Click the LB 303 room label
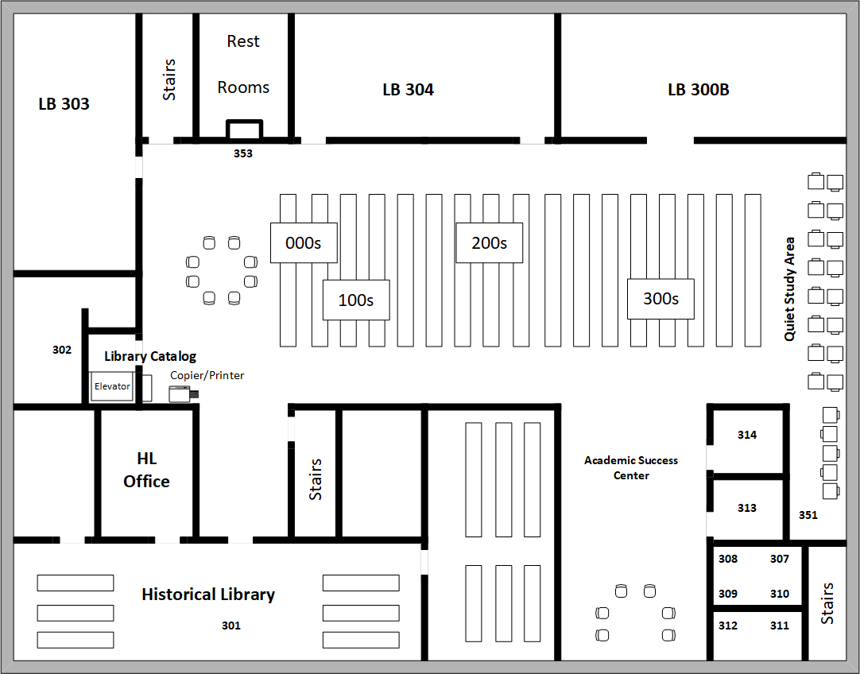point(64,104)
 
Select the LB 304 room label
point(408,90)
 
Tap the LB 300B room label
point(698,90)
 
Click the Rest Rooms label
point(243,64)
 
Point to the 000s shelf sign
point(303,243)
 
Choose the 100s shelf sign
point(355,300)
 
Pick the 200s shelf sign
point(489,243)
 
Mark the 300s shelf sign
point(660,299)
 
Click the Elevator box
point(112,387)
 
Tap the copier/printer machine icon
point(181,393)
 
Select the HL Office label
point(146,470)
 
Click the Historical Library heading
point(208,595)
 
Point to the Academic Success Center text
point(631,467)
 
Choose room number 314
point(746,435)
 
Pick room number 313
point(746,508)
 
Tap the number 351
point(808,515)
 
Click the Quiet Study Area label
point(789,289)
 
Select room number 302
point(62,350)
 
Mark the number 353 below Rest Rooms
point(242,153)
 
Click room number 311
point(779,626)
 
